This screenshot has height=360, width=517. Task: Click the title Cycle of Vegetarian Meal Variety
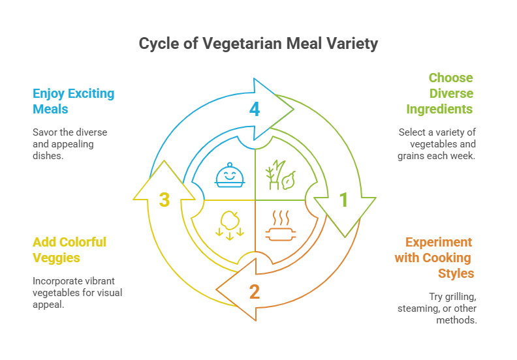258,44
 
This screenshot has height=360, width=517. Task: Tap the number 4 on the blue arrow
255,109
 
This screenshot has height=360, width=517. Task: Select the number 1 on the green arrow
344,200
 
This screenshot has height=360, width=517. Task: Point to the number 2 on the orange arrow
255,291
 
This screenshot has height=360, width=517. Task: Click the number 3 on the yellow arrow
164,200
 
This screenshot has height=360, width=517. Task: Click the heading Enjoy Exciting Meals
73,101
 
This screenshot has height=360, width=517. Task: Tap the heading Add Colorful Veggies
69,250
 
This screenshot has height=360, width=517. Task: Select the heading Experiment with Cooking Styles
434,257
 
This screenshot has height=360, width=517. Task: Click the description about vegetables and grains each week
437,144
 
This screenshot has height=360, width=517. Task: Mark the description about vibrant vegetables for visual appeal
77,293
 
